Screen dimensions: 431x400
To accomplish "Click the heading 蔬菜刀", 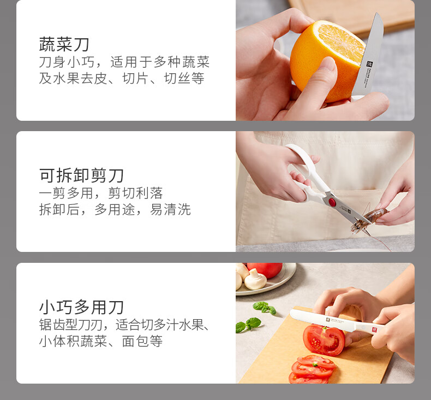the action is pyautogui.click(x=64, y=44).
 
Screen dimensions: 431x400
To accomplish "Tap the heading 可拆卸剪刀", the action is pyautogui.click(x=81, y=175).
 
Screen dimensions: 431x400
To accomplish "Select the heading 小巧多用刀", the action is pyautogui.click(x=81, y=307).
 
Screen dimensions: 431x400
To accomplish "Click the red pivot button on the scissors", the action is pyautogui.click(x=332, y=202).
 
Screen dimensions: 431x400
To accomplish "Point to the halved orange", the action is pyautogui.click(x=326, y=59).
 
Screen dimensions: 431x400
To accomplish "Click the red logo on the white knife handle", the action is pyautogui.click(x=375, y=330).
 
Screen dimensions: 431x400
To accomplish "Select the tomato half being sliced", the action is pyautogui.click(x=324, y=339).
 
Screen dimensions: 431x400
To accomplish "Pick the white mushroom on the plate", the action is pyautogui.click(x=255, y=279).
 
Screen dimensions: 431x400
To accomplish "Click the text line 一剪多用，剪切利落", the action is pyautogui.click(x=101, y=193).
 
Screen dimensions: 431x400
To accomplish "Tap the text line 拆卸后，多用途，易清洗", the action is pyautogui.click(x=115, y=209).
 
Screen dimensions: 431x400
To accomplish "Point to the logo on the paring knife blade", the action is pyautogui.click(x=370, y=65).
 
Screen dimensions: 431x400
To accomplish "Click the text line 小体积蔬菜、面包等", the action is pyautogui.click(x=100, y=342).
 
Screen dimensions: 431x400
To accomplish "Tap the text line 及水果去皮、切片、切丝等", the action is pyautogui.click(x=122, y=79).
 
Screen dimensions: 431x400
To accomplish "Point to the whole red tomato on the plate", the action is pyautogui.click(x=265, y=270).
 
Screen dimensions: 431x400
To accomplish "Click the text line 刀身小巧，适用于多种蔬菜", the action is pyautogui.click(x=124, y=62).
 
